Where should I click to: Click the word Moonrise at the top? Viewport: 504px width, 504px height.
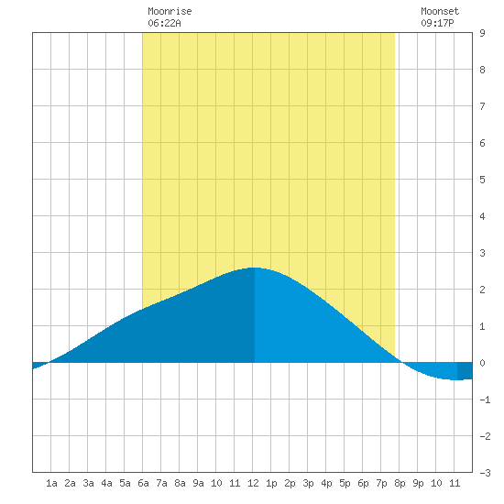170,11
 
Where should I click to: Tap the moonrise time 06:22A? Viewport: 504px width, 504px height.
164,23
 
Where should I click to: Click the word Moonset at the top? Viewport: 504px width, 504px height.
440,11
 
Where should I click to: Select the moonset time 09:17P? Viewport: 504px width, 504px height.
437,23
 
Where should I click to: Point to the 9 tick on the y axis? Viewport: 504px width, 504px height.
482,33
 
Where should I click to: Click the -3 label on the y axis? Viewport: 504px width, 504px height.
485,473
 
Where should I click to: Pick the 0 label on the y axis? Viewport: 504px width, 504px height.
482,363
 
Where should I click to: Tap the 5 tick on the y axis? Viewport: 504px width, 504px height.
482,180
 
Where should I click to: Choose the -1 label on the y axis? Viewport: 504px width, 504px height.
485,400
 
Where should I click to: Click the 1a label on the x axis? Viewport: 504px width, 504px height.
51,483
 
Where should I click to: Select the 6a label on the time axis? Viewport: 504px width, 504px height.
143,483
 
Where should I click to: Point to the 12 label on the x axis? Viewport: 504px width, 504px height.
253,483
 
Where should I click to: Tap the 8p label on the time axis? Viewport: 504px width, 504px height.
400,483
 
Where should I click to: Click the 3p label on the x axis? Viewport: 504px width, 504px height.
308,483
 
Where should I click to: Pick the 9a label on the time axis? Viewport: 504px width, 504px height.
198,483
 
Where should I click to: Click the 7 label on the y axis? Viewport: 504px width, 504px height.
482,106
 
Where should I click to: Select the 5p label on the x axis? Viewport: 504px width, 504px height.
345,483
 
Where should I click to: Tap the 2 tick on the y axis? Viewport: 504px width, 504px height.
482,290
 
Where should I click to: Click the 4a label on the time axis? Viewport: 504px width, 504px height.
106,483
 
